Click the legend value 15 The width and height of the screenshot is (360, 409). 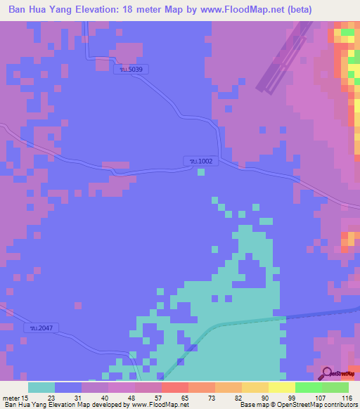25,398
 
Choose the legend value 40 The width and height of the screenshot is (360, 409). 105,398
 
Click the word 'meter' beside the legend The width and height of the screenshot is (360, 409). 11,398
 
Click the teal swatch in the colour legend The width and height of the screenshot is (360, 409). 41,387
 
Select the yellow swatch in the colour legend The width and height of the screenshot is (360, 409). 281,387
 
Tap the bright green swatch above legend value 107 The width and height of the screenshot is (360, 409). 308,387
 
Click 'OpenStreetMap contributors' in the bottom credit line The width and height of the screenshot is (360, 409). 318,405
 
